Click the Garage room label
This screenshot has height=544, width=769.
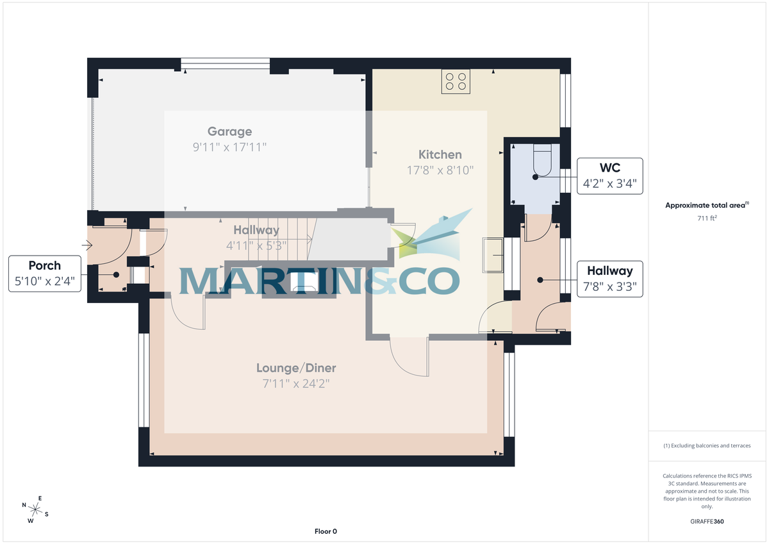(x=230, y=132)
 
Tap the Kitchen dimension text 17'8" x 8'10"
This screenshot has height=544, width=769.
(x=440, y=170)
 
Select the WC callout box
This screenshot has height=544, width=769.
(x=611, y=176)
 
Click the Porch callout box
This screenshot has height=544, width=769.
(x=45, y=274)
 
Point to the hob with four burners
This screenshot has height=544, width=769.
(x=456, y=81)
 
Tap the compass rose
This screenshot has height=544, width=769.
(x=35, y=509)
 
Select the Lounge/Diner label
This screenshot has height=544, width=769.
(x=296, y=368)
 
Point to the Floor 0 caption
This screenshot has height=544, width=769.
(x=326, y=531)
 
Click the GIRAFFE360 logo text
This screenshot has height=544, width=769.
(x=707, y=522)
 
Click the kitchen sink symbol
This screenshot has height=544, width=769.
(x=493, y=254)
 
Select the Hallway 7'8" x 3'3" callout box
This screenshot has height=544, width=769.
(x=611, y=279)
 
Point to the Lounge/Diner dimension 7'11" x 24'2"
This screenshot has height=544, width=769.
(x=296, y=384)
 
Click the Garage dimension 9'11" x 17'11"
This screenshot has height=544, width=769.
(x=230, y=147)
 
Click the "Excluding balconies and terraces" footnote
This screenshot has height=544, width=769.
(x=707, y=446)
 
